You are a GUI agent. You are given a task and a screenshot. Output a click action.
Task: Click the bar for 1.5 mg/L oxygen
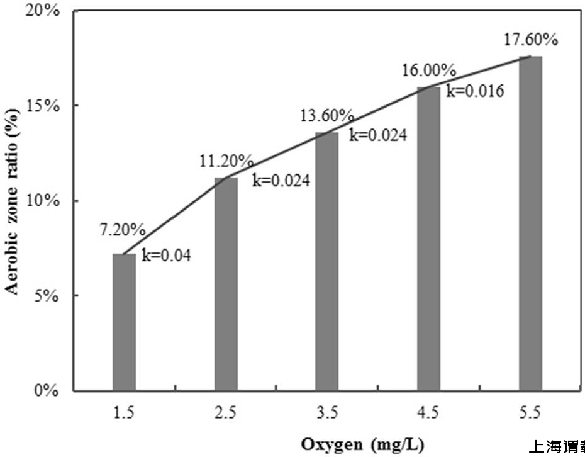124,322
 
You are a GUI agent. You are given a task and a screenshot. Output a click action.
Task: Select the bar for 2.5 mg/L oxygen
226,284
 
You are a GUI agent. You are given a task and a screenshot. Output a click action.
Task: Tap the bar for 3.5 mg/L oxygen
327,261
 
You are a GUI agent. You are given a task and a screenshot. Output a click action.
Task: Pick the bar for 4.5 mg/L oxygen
429,239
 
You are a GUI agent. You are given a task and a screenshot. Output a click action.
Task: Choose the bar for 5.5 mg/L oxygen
530,223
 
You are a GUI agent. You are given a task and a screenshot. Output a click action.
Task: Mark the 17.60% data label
531,40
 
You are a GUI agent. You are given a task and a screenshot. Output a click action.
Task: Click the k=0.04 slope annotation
165,256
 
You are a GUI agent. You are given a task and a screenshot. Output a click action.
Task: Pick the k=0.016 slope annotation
475,91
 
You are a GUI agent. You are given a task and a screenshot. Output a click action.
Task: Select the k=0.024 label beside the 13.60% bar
378,135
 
